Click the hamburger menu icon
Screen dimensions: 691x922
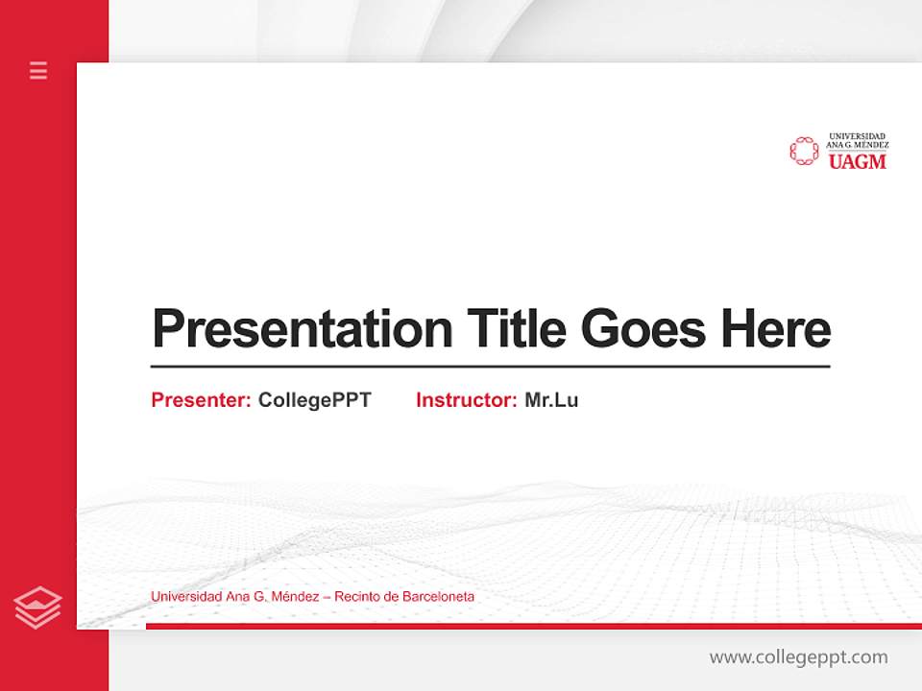tap(38, 70)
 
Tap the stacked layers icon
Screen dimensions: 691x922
tap(38, 608)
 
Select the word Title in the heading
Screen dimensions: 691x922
tap(517, 328)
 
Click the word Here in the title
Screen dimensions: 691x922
tap(776, 328)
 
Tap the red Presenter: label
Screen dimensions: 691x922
tap(201, 400)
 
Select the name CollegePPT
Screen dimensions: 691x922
tap(314, 400)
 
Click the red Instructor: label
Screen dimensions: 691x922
tap(466, 400)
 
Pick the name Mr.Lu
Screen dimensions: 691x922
tap(551, 400)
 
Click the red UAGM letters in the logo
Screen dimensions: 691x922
tap(857, 162)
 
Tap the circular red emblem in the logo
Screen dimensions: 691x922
tap(804, 151)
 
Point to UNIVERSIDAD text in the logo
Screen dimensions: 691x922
tap(857, 136)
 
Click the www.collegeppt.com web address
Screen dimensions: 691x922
tap(798, 657)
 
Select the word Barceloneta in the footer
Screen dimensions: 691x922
tap(438, 597)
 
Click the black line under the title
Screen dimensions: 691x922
tap(490, 366)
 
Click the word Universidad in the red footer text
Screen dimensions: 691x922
tap(186, 597)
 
